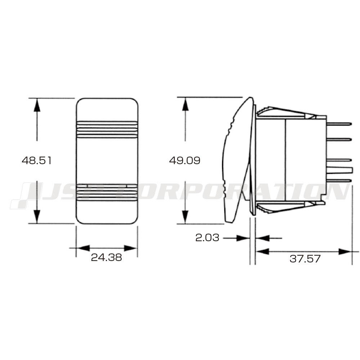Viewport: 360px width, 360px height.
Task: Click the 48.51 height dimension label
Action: [36, 160]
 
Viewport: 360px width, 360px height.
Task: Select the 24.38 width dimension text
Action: [106, 257]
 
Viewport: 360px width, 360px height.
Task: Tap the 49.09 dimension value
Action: [185, 160]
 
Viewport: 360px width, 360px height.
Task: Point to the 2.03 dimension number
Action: [207, 238]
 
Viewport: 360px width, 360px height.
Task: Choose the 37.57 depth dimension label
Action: [305, 259]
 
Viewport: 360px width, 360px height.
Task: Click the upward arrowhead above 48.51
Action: [37, 105]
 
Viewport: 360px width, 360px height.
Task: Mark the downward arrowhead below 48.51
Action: [37, 216]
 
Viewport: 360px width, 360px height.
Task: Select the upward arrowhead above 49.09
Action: [185, 104]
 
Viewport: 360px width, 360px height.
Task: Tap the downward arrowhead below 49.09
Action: [185, 217]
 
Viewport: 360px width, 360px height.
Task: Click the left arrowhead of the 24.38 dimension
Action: [83, 248]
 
